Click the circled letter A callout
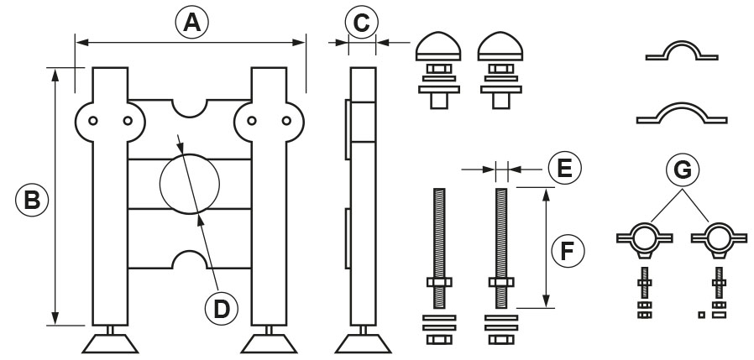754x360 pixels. tap(192, 22)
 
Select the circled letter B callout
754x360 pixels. tap(32, 200)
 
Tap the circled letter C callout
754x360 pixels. tap(362, 22)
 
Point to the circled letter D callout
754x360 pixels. tap(222, 309)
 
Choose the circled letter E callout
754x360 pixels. tap(564, 168)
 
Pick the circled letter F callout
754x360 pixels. tap(568, 251)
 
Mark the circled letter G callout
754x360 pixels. tap(683, 170)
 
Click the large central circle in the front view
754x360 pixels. tap(190, 184)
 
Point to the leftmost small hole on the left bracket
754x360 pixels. tap(93, 121)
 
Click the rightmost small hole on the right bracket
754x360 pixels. tap(286, 121)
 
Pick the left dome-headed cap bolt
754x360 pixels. tap(438, 70)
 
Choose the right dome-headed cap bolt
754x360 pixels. tap(500, 70)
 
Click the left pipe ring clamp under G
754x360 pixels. tap(644, 238)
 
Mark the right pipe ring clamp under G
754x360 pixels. tap(719, 238)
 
